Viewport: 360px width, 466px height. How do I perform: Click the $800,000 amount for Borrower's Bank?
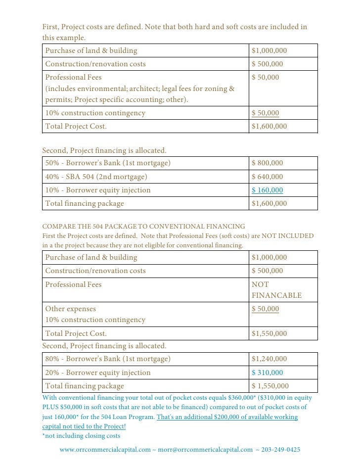(x=267, y=163)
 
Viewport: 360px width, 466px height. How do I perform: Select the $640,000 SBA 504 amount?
(x=267, y=177)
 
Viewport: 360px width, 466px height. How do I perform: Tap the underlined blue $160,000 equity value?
(x=267, y=190)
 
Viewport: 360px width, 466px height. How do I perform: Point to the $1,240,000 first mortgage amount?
(x=269, y=359)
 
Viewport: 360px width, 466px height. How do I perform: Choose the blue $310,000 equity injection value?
(x=267, y=373)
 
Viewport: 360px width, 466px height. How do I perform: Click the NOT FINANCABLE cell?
(x=276, y=290)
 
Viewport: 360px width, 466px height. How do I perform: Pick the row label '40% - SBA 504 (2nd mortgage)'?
(x=96, y=177)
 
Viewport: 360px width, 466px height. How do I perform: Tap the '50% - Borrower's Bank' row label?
(x=108, y=163)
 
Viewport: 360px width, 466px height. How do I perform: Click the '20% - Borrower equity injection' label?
(x=98, y=373)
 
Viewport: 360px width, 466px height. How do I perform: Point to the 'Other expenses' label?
(x=71, y=309)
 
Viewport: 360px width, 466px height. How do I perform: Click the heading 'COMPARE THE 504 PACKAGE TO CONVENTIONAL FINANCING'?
(x=143, y=226)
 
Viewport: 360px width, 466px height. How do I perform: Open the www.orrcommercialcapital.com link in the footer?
(x=105, y=450)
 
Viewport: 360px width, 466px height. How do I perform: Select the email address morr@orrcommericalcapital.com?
(x=205, y=450)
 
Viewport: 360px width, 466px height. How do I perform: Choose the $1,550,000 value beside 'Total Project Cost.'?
(x=269, y=333)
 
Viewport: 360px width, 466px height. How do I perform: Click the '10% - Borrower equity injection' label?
(x=98, y=190)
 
